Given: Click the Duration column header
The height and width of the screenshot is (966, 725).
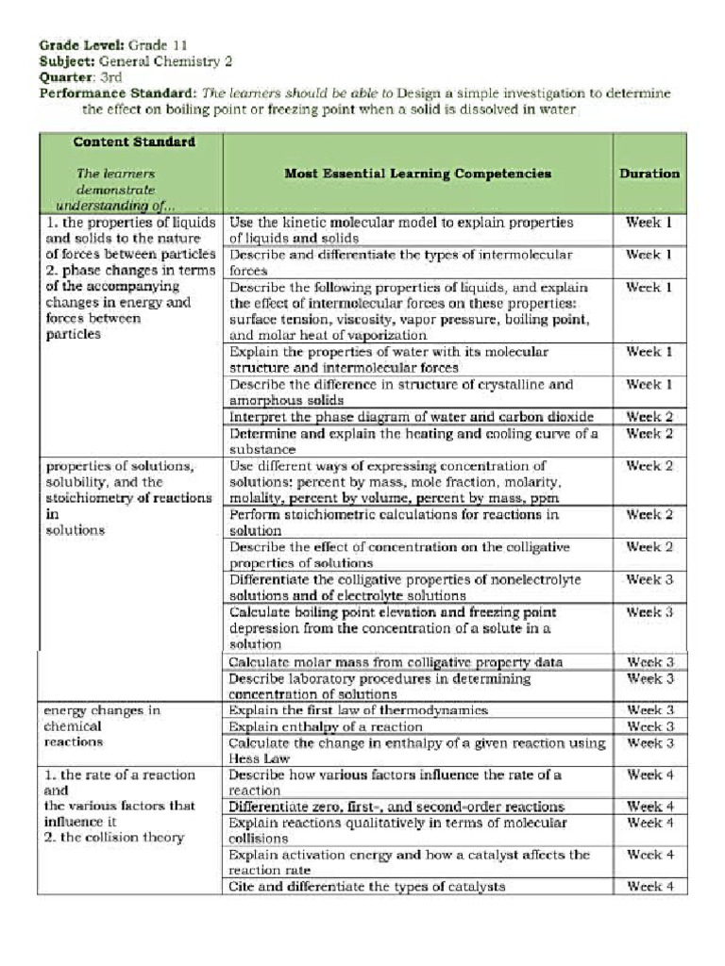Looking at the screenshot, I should pyautogui.click(x=649, y=174).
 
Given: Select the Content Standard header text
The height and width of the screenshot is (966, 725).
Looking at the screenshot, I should pyautogui.click(x=134, y=142).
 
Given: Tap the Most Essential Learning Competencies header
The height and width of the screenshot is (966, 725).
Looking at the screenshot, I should pyautogui.click(x=417, y=174).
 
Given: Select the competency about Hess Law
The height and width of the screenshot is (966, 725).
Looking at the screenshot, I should pyautogui.click(x=417, y=751).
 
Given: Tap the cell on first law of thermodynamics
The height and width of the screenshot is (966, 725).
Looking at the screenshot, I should pyautogui.click(x=359, y=710).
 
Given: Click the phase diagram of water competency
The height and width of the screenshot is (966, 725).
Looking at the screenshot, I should pyautogui.click(x=412, y=416).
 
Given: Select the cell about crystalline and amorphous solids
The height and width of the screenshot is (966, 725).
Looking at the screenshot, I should pyautogui.click(x=401, y=392).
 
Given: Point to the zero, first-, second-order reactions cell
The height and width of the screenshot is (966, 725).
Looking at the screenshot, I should pyautogui.click(x=397, y=807).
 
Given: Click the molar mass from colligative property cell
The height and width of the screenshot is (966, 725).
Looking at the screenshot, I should pyautogui.click(x=396, y=662).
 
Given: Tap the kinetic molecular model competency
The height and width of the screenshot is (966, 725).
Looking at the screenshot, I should pyautogui.click(x=401, y=230).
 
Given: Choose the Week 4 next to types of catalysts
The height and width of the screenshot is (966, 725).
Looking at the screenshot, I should pyautogui.click(x=649, y=887).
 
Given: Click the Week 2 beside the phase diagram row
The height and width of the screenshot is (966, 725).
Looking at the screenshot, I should pyautogui.click(x=649, y=416).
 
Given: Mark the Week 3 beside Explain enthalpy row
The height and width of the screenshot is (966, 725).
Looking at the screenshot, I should pyautogui.click(x=649, y=726).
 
